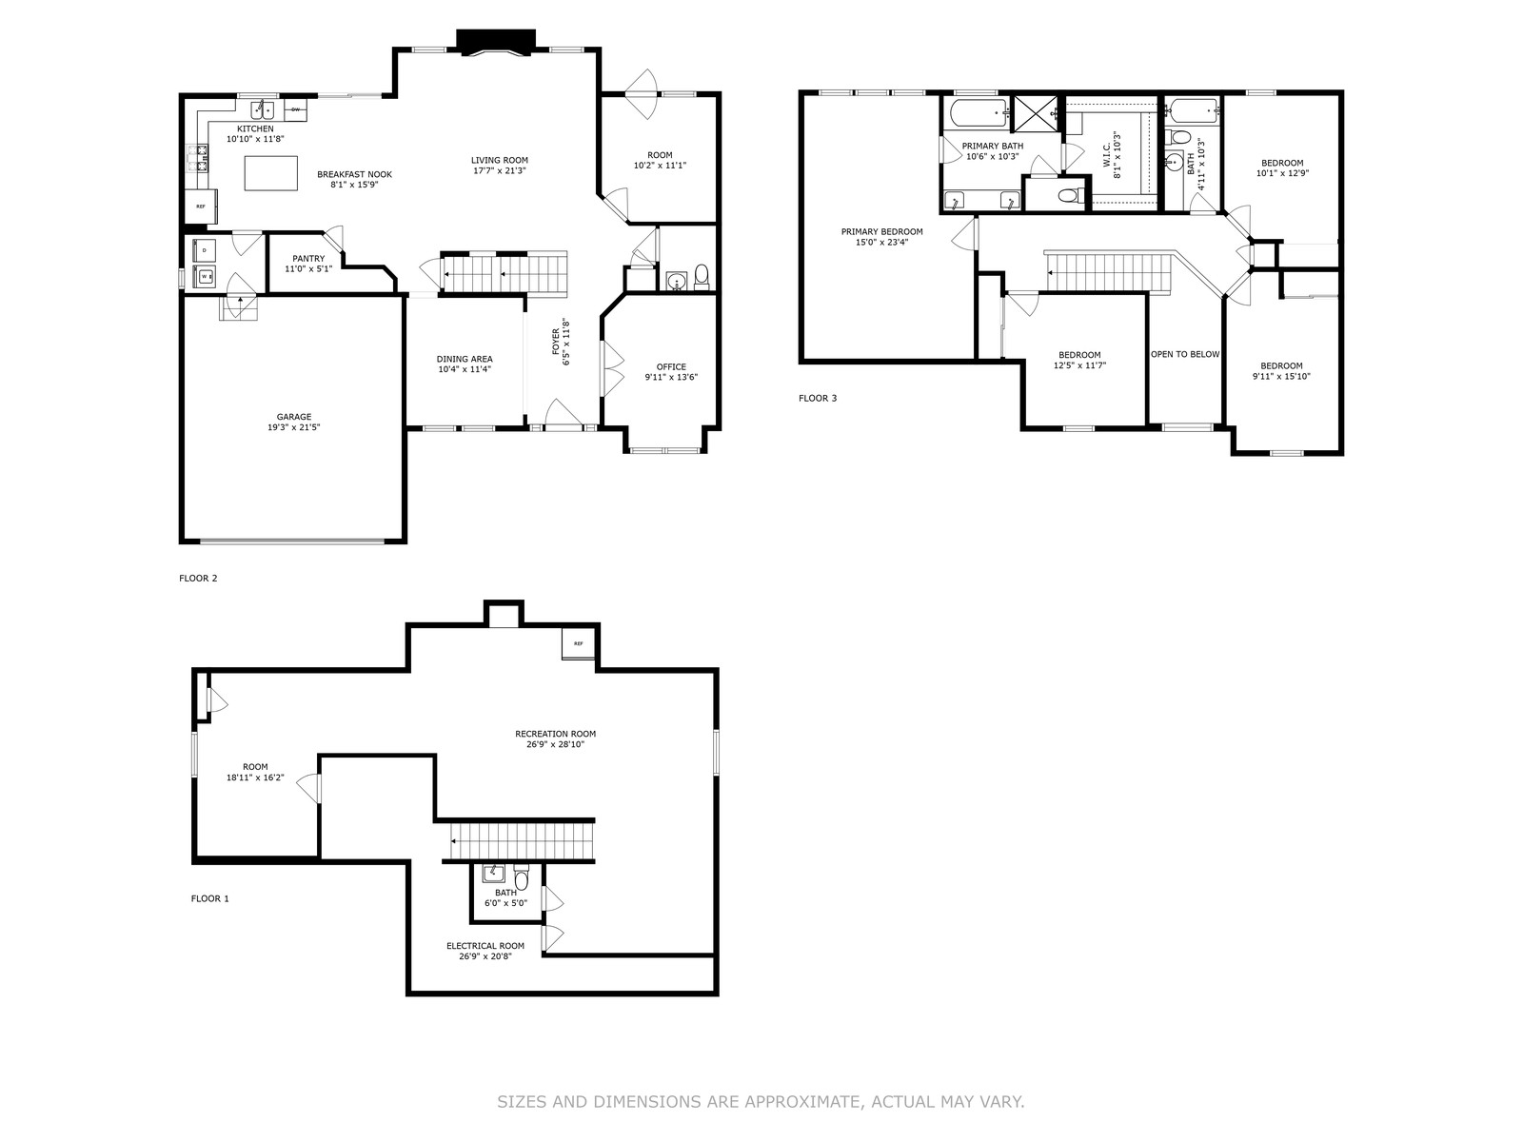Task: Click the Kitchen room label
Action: coord(255,129)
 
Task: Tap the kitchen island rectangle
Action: coord(271,173)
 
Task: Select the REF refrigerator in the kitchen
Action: coord(201,207)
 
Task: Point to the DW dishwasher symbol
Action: coord(296,109)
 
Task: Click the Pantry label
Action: coord(308,259)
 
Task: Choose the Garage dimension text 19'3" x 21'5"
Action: coord(294,428)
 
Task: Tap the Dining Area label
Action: coord(465,359)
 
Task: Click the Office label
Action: coord(671,366)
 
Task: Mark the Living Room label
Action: coord(500,160)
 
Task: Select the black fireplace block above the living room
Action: coord(496,42)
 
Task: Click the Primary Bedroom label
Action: coord(881,231)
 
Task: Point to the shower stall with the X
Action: coord(1036,113)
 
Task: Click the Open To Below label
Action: coord(1185,354)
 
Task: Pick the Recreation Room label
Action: coord(555,734)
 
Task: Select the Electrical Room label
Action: coord(485,946)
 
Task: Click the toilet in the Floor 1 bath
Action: coord(522,876)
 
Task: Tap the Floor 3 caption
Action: coord(818,398)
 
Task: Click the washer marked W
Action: coord(206,276)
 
